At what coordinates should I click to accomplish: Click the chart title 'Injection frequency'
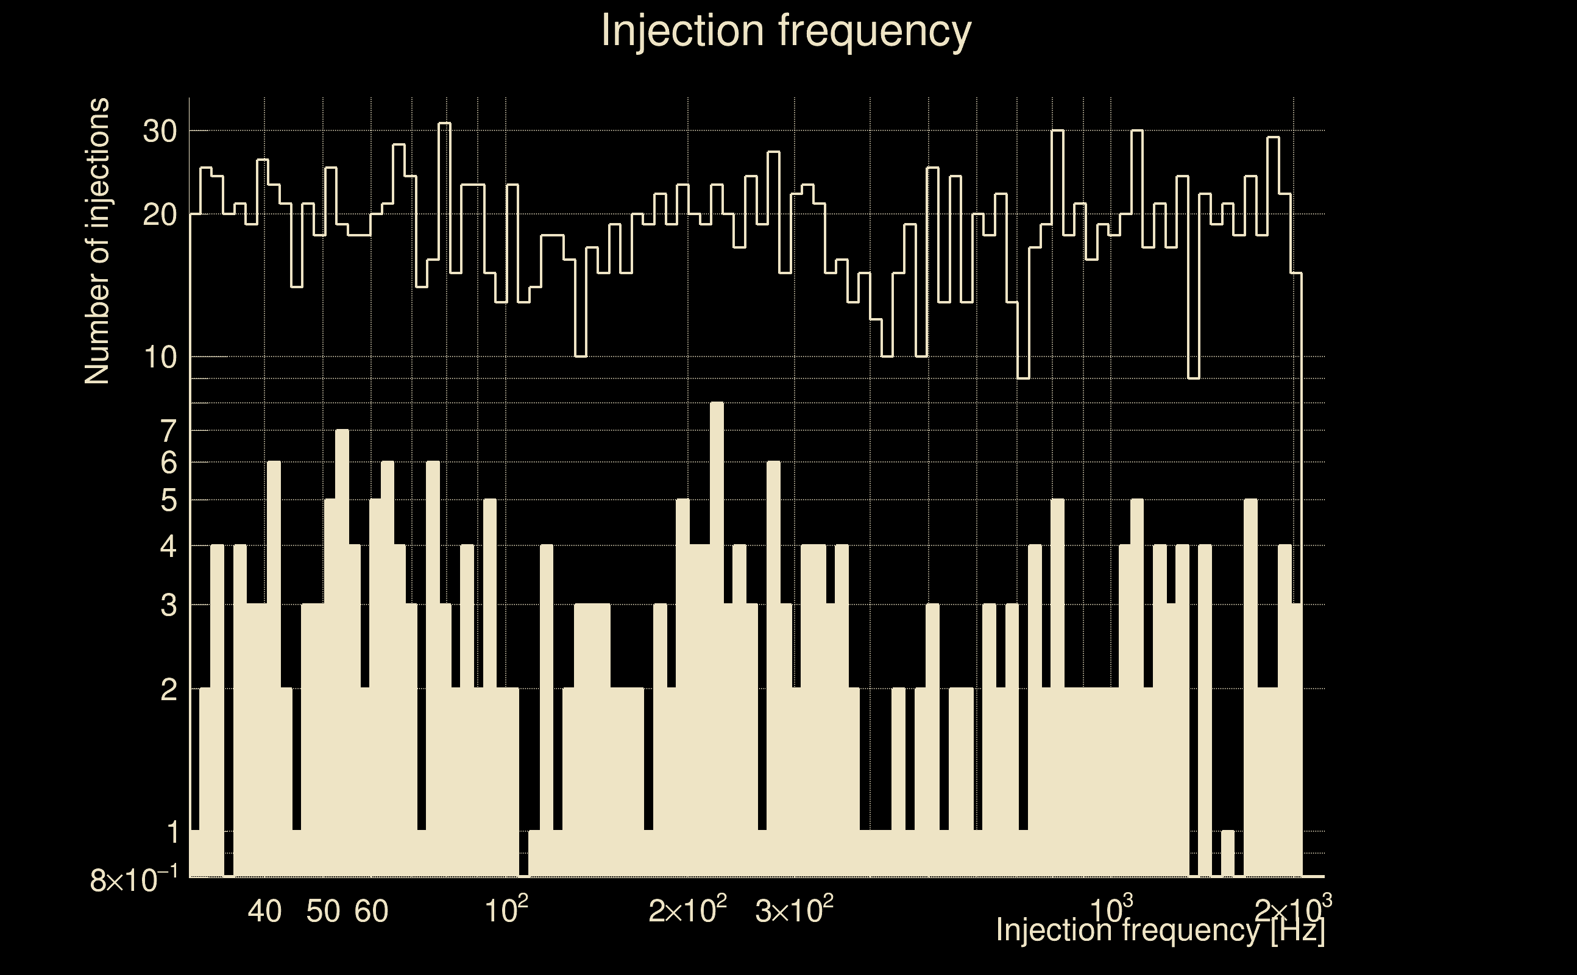786,30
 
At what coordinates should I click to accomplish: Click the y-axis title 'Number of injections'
97,241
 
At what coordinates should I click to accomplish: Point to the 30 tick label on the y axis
159,132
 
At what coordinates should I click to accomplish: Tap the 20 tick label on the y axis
159,214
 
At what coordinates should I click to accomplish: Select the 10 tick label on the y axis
159,357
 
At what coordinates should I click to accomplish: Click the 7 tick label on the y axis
168,431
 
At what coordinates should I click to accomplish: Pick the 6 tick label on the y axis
168,463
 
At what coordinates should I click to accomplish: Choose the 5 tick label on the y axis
168,500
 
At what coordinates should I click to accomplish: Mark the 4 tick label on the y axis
168,547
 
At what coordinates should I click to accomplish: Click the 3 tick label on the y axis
168,606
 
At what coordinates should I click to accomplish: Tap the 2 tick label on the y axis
168,690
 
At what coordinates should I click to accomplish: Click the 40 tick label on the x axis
264,911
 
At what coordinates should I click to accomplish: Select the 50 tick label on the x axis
323,911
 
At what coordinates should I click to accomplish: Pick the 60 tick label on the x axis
371,911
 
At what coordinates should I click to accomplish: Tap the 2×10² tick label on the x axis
687,910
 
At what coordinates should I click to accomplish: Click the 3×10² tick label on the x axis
793,910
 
